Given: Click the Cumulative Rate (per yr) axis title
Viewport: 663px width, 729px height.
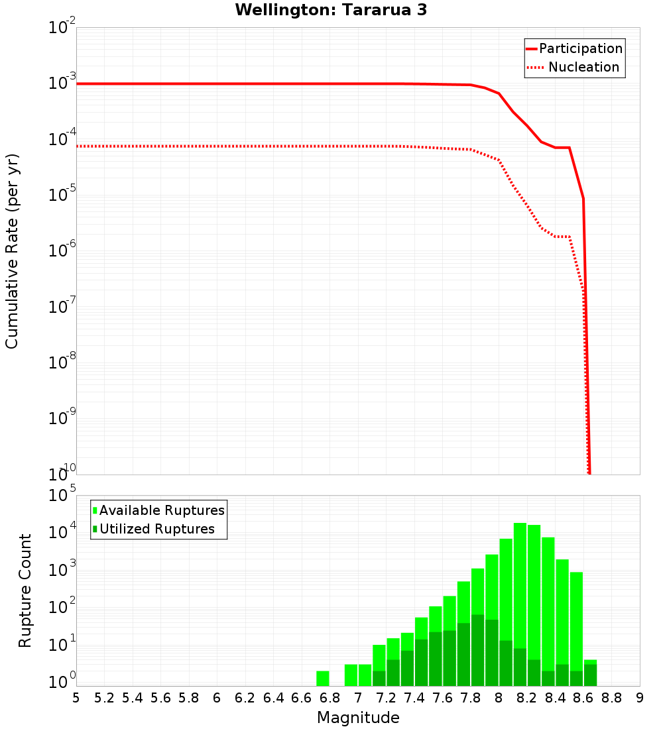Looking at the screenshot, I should coord(12,251).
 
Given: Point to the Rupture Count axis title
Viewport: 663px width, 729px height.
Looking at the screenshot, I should coord(25,590).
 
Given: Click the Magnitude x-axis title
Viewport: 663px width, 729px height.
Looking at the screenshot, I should coord(358,718).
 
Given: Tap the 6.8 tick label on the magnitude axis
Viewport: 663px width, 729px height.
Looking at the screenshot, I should coord(330,698).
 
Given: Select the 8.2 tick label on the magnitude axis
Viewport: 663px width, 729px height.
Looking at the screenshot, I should coord(527,698).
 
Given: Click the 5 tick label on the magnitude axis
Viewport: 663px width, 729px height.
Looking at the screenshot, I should coord(76,698).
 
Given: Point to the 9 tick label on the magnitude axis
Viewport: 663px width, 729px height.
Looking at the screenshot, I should coord(640,698).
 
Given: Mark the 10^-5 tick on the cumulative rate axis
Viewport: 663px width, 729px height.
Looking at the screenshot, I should coord(63,196).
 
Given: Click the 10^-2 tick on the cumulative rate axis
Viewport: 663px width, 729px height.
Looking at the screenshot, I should coord(63,28).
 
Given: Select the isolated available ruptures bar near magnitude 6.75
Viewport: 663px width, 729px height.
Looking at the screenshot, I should coord(323,678).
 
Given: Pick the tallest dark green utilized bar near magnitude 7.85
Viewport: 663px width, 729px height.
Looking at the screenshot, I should coord(477,649).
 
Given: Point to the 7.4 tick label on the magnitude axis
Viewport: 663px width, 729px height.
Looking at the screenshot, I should coord(414,698).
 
